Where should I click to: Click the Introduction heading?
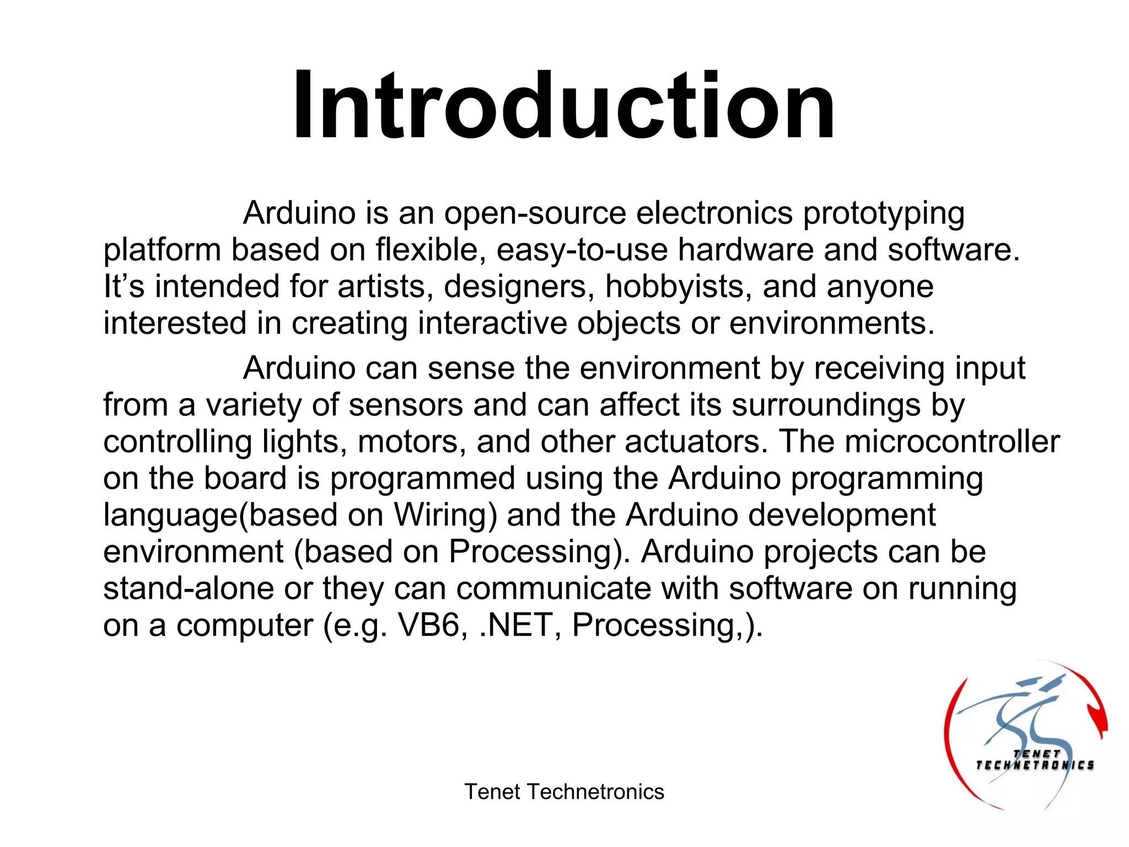[563, 106]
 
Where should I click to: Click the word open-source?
[535, 213]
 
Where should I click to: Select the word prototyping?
[884, 215]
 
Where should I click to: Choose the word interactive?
[492, 323]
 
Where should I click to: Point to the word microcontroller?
[952, 442]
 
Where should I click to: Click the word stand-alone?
[189, 588]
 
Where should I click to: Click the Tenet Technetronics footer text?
[564, 792]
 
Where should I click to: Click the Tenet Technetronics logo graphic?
[1025, 736]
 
